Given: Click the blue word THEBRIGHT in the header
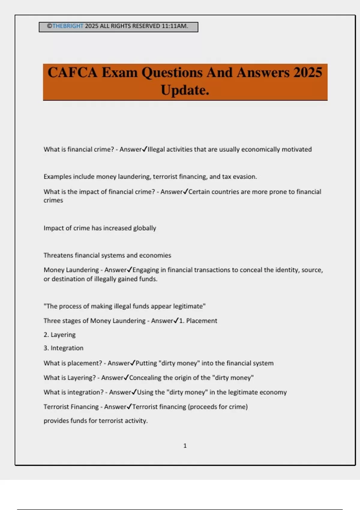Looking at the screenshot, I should click(67, 26).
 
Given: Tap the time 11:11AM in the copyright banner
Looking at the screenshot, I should click(175, 26).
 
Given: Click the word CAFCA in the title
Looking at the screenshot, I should click(72, 73).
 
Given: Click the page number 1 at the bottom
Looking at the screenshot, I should click(185, 446).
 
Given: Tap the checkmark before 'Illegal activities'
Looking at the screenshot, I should click(145, 149).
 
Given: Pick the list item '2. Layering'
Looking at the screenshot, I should click(59, 334).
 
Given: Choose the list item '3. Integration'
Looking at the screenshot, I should click(63, 348).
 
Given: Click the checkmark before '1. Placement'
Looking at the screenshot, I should click(176, 320).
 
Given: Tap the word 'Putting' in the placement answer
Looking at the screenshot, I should click(146, 363).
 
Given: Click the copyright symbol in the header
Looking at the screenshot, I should click(49, 26).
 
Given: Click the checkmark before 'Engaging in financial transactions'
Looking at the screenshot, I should click(130, 270).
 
